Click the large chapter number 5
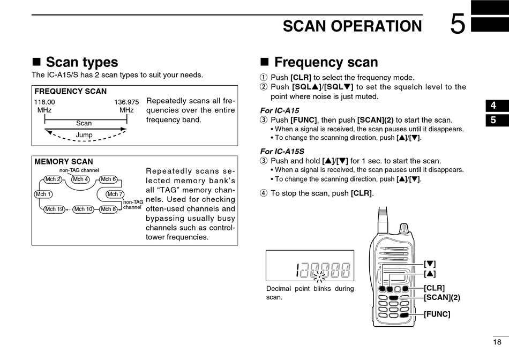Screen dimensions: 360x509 pyautogui.click(x=458, y=25)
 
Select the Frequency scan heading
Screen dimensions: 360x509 pyautogui.click(x=326, y=63)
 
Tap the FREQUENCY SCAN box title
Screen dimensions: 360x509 pyautogui.click(x=70, y=92)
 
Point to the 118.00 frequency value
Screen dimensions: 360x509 pyautogui.click(x=44, y=102)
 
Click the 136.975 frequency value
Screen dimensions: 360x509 pyautogui.click(x=126, y=102)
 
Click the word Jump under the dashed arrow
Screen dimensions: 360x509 pyautogui.click(x=84, y=135)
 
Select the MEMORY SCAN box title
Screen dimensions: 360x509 pyautogui.click(x=63, y=161)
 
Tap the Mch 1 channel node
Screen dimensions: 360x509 pyautogui.click(x=43, y=194)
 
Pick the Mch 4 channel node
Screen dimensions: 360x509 pyautogui.click(x=80, y=179)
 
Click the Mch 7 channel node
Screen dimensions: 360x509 pyautogui.click(x=115, y=194)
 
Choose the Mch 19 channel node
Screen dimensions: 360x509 pyautogui.click(x=54, y=209)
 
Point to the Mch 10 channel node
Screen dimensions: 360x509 pyautogui.click(x=83, y=209)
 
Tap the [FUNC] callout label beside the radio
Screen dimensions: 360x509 pyautogui.click(x=437, y=314)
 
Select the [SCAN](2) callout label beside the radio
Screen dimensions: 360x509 pyautogui.click(x=442, y=297)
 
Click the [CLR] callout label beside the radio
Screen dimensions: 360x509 pyautogui.click(x=434, y=288)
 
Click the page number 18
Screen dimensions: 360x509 pyautogui.click(x=497, y=342)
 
